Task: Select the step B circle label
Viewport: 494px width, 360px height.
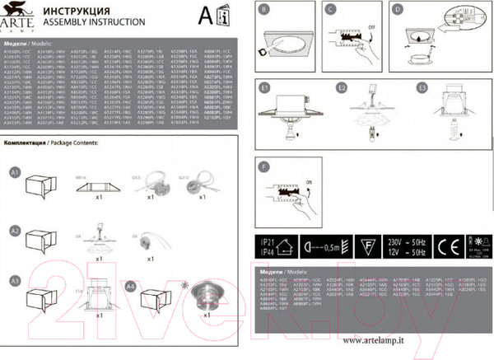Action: pos(263,12)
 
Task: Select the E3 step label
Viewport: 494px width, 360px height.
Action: pos(422,86)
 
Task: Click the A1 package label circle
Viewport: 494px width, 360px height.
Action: pos(14,173)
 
